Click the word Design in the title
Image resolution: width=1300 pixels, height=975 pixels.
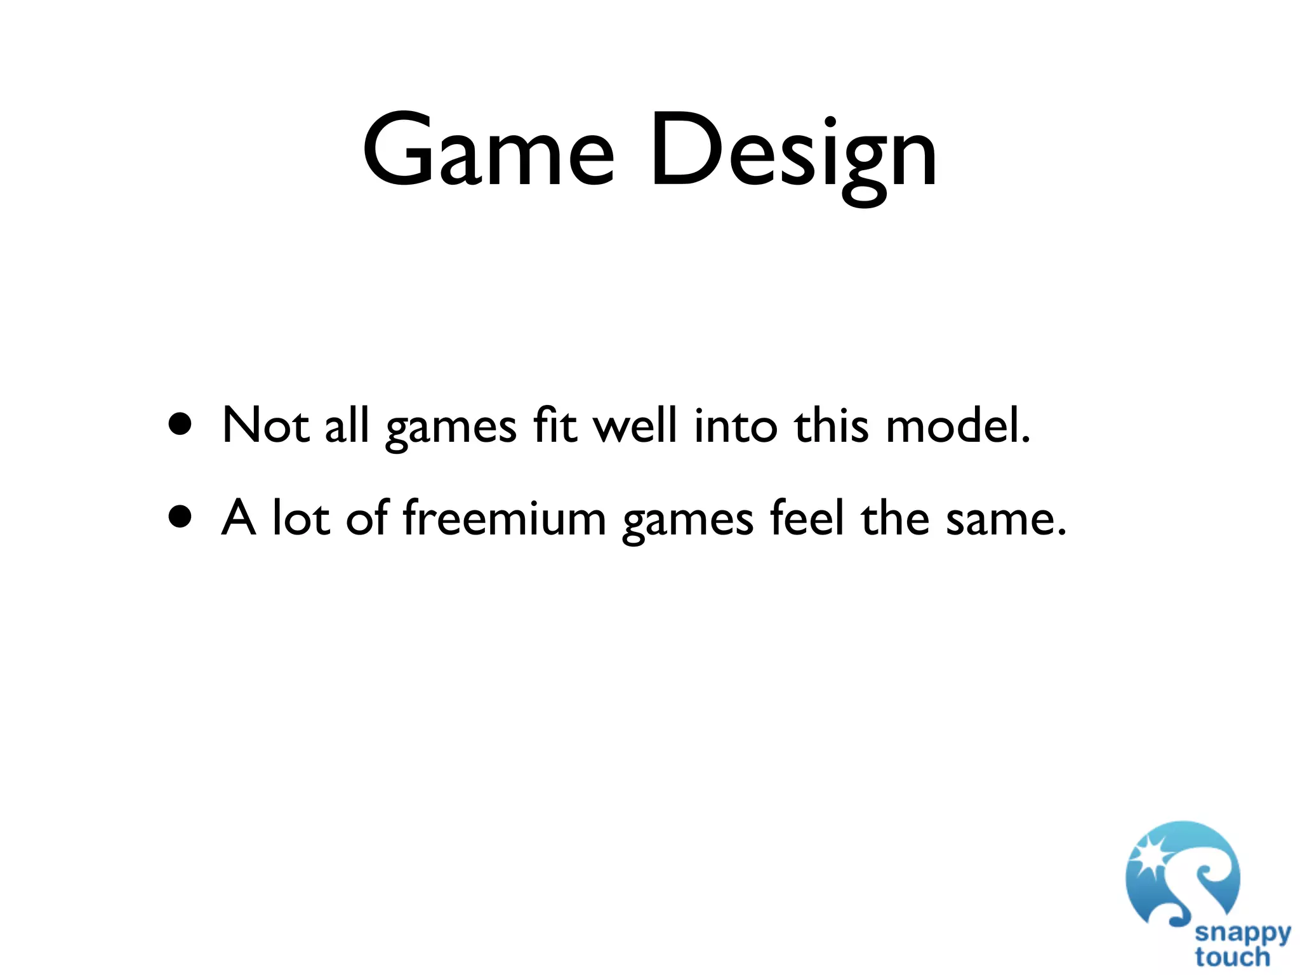793,152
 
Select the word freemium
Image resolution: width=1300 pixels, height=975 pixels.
505,517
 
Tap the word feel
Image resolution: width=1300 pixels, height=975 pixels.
807,517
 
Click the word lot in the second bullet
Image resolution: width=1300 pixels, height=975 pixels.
302,517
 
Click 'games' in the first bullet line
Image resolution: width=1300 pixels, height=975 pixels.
451,428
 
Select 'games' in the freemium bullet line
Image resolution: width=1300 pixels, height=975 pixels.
687,521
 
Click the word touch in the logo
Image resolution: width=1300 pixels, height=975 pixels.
1232,957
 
